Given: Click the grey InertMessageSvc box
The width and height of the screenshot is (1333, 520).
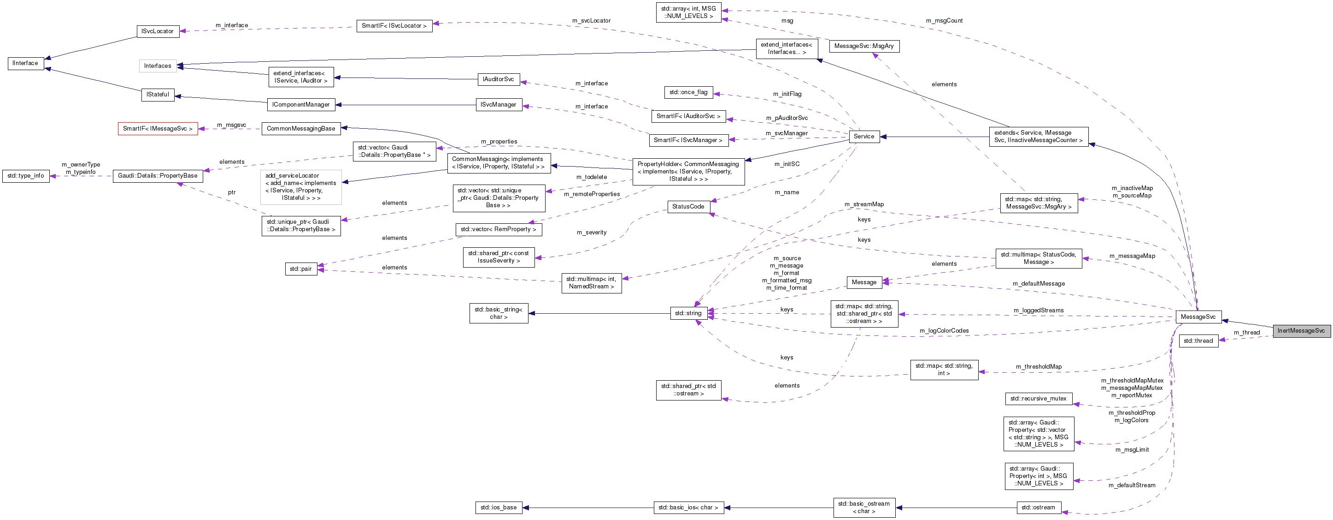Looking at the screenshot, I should (x=1300, y=331).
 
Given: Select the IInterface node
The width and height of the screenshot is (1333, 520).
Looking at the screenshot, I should (x=25, y=63).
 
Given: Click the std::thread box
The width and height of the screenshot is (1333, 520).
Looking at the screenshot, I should (x=1198, y=341).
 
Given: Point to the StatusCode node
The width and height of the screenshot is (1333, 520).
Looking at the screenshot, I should (x=688, y=207).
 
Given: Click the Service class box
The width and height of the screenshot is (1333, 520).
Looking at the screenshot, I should (x=863, y=137).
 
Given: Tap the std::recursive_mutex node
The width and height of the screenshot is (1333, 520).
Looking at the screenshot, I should (x=1038, y=399).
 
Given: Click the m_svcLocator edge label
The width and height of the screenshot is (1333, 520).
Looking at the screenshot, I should (x=591, y=21).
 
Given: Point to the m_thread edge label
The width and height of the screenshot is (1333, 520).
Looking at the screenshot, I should (x=1246, y=333).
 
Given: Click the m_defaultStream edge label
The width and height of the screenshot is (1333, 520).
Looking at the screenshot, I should (x=1131, y=485).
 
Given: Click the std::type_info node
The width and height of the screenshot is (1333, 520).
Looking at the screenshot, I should (x=25, y=176).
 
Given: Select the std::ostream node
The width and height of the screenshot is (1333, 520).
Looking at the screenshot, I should (x=1038, y=508).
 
